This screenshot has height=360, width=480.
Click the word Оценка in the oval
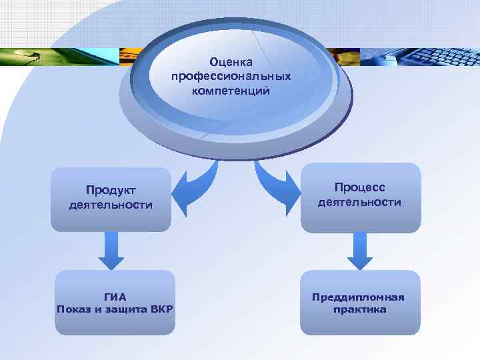tap(231, 61)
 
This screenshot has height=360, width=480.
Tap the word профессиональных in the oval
tap(231, 76)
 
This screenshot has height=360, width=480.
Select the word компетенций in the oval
tap(231, 90)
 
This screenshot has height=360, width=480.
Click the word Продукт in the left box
tap(111, 190)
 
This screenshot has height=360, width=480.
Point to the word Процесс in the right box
tap(360, 187)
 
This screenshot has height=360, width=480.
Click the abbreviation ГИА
tap(115, 297)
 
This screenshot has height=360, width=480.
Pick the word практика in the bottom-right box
tap(360, 309)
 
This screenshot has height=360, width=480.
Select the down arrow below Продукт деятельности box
tap(111, 250)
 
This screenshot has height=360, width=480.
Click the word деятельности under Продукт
tap(111, 205)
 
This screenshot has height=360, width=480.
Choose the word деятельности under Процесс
tap(360, 201)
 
